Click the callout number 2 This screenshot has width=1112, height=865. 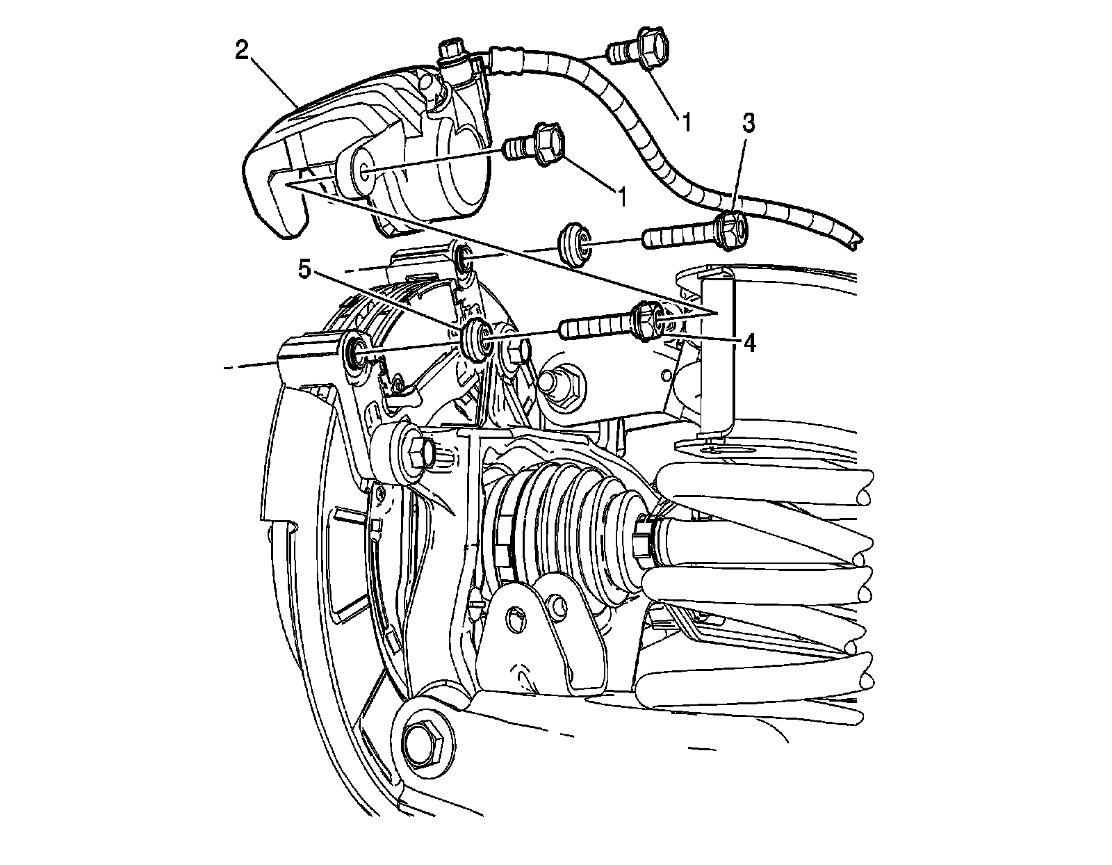242,51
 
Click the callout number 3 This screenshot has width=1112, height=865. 748,124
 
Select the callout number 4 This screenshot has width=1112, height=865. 749,343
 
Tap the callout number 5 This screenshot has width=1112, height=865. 305,270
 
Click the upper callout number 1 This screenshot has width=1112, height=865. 686,123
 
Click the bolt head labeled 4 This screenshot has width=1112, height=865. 648,321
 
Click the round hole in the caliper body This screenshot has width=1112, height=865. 363,171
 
